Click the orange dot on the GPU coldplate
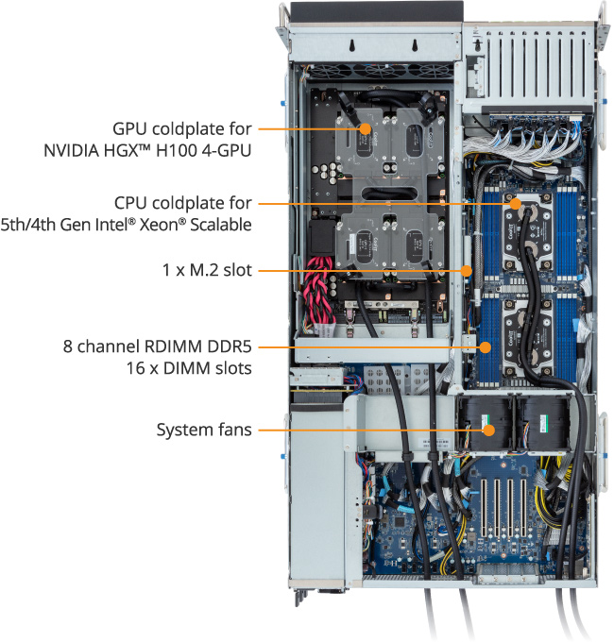click(x=366, y=129)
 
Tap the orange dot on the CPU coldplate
click(x=515, y=204)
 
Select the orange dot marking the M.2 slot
click(x=466, y=271)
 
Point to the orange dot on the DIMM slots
click(x=486, y=347)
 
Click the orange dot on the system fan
click(x=488, y=431)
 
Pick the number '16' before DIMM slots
click(x=136, y=368)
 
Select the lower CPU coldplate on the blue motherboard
click(x=529, y=336)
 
